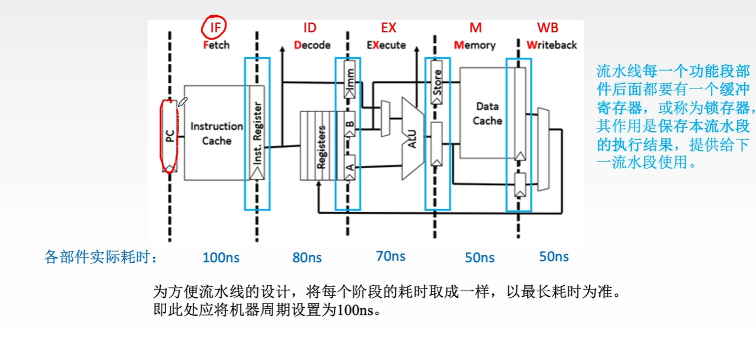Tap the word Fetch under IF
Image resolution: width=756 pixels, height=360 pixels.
tap(216, 45)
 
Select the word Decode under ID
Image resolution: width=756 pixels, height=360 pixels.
tap(312, 45)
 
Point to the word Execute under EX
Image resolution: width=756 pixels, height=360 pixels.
tap(387, 45)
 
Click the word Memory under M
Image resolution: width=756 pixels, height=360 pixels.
tap(474, 45)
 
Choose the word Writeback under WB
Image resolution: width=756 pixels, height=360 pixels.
tap(551, 45)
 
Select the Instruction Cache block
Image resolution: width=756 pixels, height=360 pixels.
tap(217, 133)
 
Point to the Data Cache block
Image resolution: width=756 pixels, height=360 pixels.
tap(487, 113)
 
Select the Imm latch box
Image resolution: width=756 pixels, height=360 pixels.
tap(350, 80)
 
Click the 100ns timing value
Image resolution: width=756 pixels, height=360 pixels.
tap(221, 257)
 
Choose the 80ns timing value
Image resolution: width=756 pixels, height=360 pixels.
tap(307, 257)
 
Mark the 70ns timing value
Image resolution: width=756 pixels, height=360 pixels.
tap(390, 256)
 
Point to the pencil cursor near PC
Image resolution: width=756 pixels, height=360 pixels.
tap(183, 102)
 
